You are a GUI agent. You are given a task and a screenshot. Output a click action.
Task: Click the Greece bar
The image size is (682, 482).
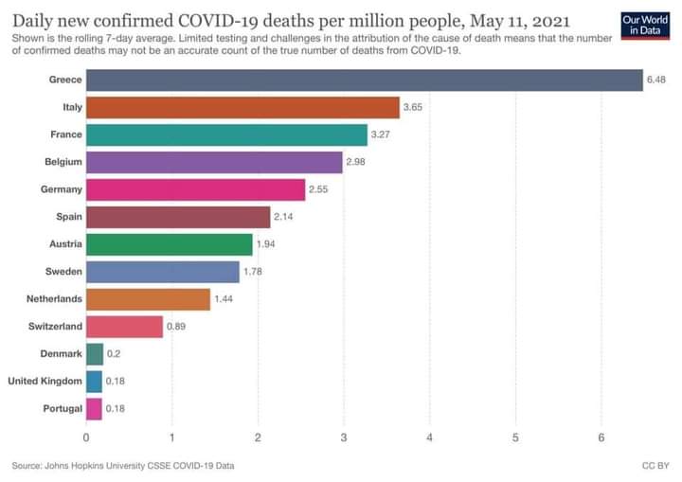[x=365, y=80]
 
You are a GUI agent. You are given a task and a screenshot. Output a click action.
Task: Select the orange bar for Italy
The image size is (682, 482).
[x=242, y=107]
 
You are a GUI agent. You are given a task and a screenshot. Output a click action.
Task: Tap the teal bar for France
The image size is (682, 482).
[x=226, y=134]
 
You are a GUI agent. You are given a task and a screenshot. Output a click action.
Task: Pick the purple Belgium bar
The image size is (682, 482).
[x=214, y=162]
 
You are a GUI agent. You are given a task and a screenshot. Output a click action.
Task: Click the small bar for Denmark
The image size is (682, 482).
[x=95, y=354]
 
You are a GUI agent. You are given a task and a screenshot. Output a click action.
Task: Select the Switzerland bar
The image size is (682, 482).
[x=124, y=327]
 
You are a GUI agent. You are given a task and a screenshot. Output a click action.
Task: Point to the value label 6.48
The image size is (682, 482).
[x=656, y=80]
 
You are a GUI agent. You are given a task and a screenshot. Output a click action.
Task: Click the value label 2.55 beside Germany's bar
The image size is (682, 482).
[x=319, y=190]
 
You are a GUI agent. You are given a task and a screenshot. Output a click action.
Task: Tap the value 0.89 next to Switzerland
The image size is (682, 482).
[x=176, y=328]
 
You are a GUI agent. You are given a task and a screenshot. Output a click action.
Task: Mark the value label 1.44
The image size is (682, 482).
[x=224, y=300]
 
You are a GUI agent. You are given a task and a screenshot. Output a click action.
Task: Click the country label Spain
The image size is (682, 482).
[x=68, y=217]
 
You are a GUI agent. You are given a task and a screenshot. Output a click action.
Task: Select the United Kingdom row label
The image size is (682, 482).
[x=45, y=382]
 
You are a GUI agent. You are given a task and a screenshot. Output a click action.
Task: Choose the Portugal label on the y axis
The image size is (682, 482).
[x=61, y=409]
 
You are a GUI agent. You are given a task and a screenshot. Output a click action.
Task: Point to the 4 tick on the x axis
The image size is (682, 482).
[x=430, y=437]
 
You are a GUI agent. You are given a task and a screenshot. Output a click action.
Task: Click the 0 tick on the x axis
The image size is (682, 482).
[x=86, y=437]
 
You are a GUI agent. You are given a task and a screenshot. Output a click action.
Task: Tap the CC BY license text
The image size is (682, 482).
[x=655, y=466]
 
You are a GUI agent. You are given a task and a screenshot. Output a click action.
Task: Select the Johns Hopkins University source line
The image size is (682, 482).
[x=123, y=466]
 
